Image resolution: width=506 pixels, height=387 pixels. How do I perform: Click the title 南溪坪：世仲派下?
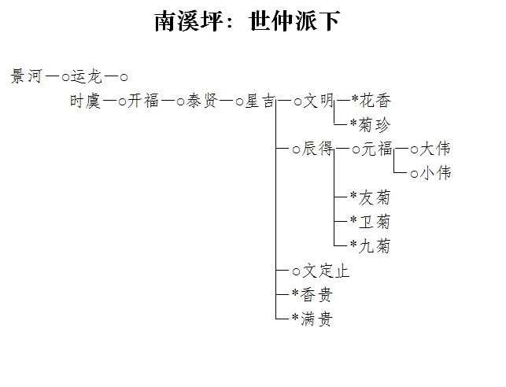(x=248, y=21)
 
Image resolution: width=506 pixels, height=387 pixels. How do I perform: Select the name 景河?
(x=27, y=76)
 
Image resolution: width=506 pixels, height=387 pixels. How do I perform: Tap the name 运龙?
(x=86, y=76)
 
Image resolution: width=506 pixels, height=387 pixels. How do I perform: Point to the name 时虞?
(x=85, y=101)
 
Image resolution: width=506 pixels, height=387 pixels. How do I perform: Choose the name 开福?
(x=143, y=101)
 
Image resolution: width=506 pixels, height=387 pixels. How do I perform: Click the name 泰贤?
(x=202, y=101)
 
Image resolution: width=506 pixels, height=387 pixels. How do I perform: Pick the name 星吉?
(x=260, y=101)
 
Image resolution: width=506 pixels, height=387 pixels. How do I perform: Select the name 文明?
(x=318, y=101)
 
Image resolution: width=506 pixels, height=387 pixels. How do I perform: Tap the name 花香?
(x=375, y=100)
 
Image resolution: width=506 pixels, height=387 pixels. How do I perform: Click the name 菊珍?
(x=375, y=125)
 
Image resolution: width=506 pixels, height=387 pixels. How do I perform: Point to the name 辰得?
(x=318, y=149)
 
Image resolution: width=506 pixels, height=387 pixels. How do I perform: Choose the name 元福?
(x=377, y=149)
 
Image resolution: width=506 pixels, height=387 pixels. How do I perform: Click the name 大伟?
(x=434, y=149)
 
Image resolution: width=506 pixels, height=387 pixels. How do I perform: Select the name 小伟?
(x=435, y=173)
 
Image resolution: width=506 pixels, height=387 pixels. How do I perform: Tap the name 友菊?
(x=375, y=197)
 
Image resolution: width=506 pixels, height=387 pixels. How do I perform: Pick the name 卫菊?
(x=375, y=222)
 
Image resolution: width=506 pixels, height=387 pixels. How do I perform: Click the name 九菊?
(x=375, y=245)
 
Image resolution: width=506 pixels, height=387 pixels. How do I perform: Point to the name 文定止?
(x=326, y=271)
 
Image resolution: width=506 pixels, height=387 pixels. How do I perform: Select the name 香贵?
(x=316, y=294)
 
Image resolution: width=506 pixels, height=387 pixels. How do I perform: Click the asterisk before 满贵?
(x=295, y=318)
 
